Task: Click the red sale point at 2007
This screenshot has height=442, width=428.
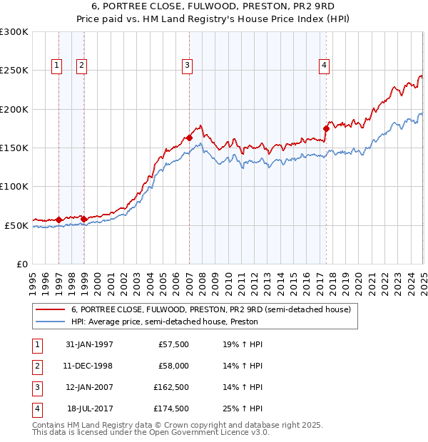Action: coord(189,138)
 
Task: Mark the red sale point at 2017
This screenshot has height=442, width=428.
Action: coord(327,129)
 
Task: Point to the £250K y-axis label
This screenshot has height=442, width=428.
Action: coord(14,71)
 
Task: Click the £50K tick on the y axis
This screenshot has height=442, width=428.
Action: coord(17,225)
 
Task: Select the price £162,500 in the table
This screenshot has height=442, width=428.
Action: coord(171,388)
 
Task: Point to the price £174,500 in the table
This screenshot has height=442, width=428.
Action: coord(171,409)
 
